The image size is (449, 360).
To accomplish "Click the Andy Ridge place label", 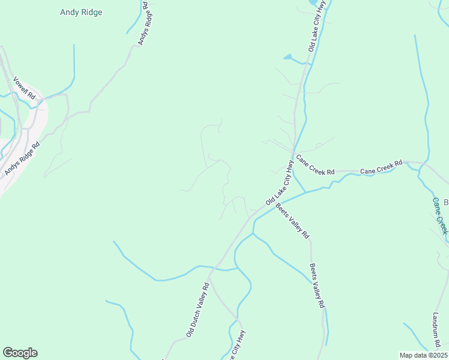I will pyautogui.click(x=82, y=12).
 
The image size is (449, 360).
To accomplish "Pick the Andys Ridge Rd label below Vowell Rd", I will pyautogui.click(x=22, y=159).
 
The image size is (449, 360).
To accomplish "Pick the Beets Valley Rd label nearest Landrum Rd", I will pyautogui.click(x=317, y=286).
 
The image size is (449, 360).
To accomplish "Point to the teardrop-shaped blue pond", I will pyautogui.click(x=288, y=58).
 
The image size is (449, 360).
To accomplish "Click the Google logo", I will pyautogui.click(x=20, y=353).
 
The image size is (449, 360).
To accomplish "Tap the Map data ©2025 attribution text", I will pyautogui.click(x=423, y=355).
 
